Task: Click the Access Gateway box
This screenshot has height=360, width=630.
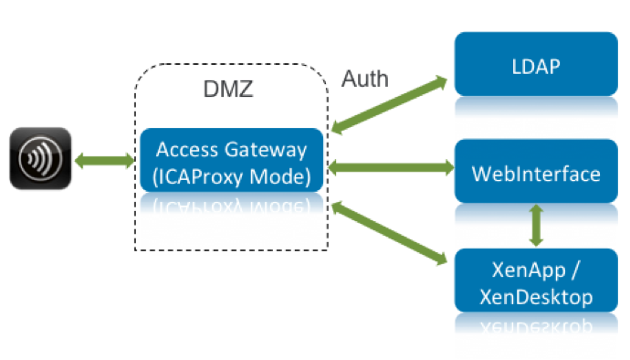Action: click(x=231, y=160)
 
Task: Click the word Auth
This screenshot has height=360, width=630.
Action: click(x=365, y=79)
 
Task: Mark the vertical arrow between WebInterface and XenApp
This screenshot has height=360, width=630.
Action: click(x=536, y=225)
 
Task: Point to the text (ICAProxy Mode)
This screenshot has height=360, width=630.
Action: click(x=231, y=172)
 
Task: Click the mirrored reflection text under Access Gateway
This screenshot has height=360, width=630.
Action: click(x=231, y=203)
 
